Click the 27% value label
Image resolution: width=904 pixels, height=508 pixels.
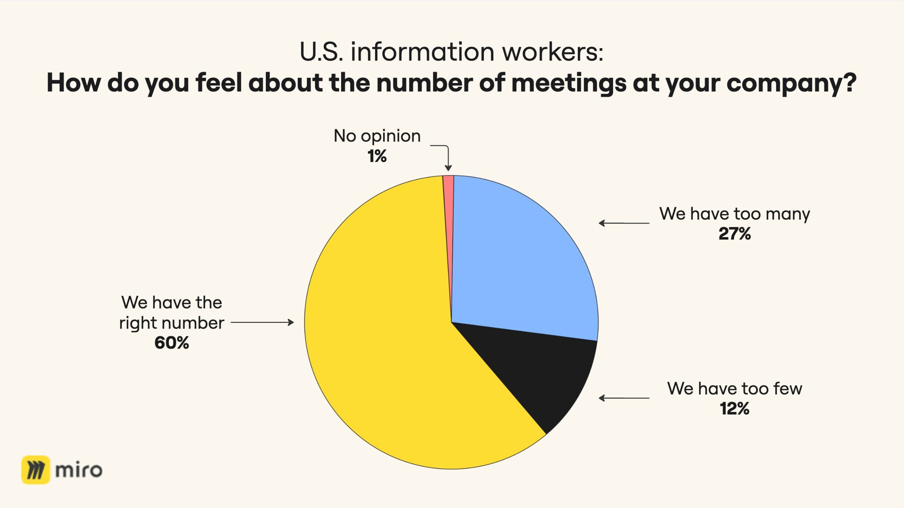(734, 234)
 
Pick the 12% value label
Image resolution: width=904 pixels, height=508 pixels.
(734, 408)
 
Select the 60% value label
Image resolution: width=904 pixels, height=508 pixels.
(172, 343)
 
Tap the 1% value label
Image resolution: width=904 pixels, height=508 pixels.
(377, 156)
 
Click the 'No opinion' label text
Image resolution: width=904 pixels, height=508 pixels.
(377, 136)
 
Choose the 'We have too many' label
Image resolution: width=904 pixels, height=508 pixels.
(734, 214)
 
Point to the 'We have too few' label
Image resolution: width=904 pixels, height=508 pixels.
(734, 389)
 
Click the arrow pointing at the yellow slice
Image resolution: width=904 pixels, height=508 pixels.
(262, 322)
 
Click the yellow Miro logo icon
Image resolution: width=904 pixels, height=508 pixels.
(36, 470)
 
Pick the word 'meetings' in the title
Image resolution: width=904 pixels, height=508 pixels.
(569, 83)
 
